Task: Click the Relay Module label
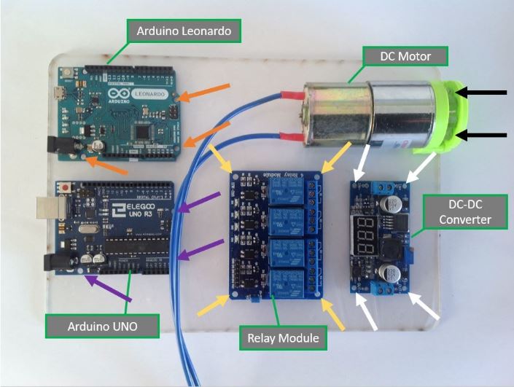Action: pos(282,337)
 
